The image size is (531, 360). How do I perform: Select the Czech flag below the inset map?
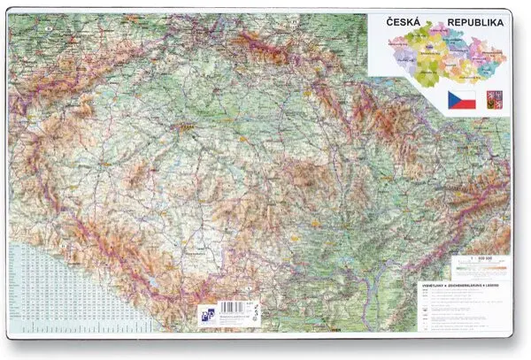click(461, 99)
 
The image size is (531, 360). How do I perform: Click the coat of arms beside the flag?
click(492, 99)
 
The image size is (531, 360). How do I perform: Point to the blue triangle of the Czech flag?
click(452, 99)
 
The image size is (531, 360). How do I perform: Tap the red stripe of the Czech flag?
click(465, 103)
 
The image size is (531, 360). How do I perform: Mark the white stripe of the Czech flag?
click(465, 95)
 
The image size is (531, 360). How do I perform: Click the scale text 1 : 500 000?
click(483, 257)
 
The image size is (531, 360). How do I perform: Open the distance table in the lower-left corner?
click(71, 283)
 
